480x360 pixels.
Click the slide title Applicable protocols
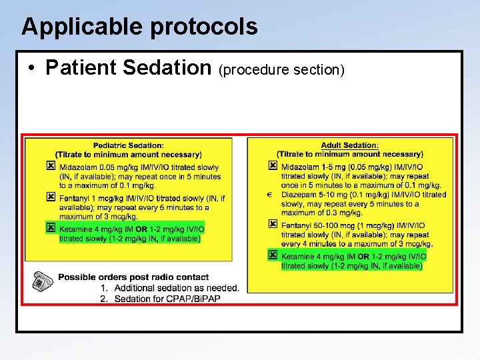(139, 27)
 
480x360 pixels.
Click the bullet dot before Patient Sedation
(32, 68)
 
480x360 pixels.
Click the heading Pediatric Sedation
(128, 145)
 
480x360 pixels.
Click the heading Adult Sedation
(349, 145)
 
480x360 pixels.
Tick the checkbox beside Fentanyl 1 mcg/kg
(51, 197)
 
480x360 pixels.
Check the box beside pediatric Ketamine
(51, 227)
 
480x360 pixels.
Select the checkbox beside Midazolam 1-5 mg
(272, 165)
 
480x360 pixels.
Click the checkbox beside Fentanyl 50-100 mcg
(272, 224)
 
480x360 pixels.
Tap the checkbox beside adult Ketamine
(272, 255)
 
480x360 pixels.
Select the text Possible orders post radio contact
(133, 277)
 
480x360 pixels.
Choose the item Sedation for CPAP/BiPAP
(167, 299)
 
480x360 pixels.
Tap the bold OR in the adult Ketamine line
(363, 257)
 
